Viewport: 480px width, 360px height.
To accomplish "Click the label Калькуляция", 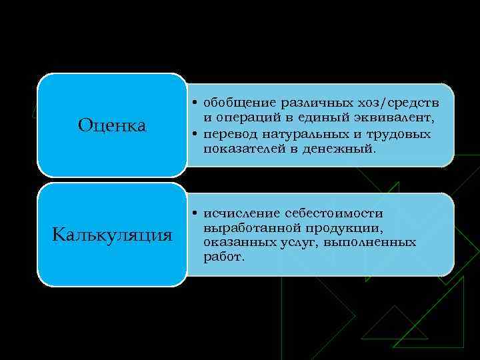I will click(112, 235).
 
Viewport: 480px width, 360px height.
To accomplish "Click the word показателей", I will click(241, 150).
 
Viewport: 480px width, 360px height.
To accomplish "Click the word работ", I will click(224, 256).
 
